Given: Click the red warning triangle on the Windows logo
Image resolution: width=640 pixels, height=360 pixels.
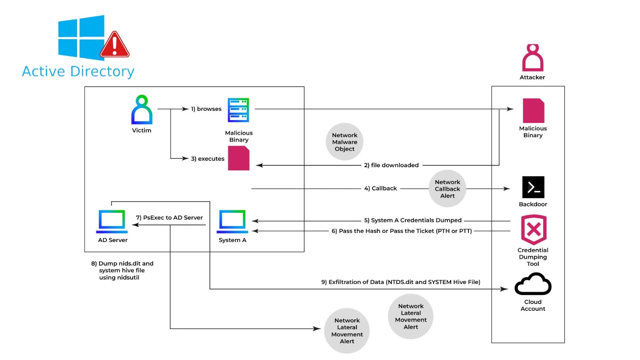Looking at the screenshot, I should [114, 46].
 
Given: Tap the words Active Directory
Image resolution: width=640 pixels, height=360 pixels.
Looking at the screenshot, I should [78, 72].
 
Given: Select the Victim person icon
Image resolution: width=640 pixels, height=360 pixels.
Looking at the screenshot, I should [142, 110].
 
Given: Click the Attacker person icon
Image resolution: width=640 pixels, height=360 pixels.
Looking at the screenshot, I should [532, 58].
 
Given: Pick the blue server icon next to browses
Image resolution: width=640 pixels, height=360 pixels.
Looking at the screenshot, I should [238, 110].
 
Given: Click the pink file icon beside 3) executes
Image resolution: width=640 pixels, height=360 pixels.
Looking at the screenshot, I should [238, 158].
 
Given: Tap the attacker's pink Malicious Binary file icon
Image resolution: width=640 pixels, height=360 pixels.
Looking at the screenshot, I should [533, 111].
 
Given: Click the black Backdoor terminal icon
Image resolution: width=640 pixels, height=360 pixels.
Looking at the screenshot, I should [533, 187].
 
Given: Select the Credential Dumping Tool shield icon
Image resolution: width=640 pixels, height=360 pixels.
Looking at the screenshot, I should [533, 230].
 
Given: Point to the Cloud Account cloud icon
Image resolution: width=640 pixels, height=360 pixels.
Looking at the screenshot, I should [533, 284].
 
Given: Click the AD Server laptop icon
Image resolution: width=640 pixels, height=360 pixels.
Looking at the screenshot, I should [112, 221].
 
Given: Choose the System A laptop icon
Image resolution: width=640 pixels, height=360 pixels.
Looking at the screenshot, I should [232, 221].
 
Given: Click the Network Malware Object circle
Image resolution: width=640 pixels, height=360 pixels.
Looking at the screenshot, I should [344, 142].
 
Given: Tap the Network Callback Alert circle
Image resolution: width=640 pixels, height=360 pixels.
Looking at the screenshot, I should [447, 189].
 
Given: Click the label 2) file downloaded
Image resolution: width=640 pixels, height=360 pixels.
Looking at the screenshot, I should [391, 165].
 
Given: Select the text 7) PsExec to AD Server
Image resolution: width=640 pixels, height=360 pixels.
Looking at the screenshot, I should [169, 218].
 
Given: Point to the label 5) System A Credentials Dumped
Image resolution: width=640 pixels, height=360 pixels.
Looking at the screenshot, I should [412, 220].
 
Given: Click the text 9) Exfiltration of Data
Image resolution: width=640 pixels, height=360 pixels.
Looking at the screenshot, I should [400, 282].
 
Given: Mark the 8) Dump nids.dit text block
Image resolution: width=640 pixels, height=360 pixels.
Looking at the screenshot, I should [122, 270].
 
